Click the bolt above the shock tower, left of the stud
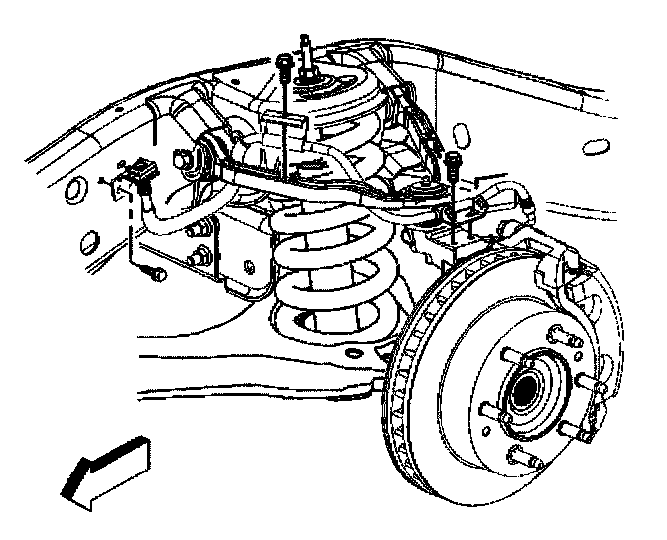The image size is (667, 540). tap(285, 65)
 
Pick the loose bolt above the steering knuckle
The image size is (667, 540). tap(453, 160)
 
